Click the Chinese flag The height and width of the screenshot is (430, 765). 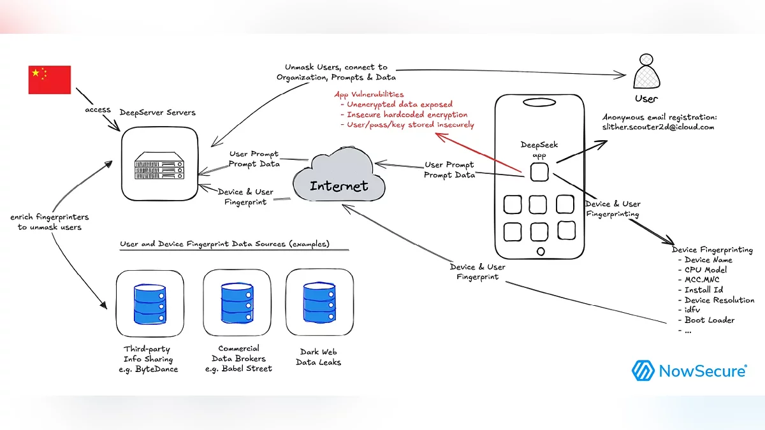pos(50,80)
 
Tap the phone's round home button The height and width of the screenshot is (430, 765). pos(540,249)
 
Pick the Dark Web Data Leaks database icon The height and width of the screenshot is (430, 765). pos(319,303)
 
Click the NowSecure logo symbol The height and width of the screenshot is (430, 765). pos(643,370)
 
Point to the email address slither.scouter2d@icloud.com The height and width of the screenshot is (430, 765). pos(659,127)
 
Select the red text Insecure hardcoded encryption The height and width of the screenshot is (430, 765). pos(407,115)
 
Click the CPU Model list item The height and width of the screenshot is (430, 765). pos(706,270)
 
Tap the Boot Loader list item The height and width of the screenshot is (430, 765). pos(710,320)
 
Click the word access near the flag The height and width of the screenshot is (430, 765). pos(98,110)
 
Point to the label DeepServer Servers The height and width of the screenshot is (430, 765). pos(157,113)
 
